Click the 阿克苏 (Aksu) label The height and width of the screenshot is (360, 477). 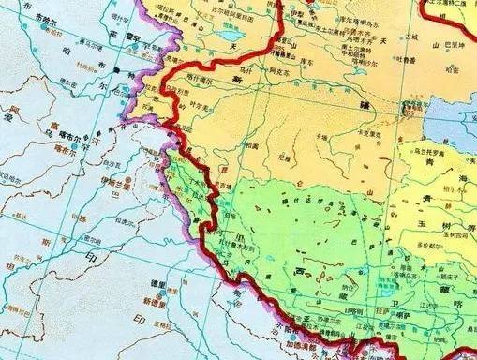[x=259, y=69]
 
